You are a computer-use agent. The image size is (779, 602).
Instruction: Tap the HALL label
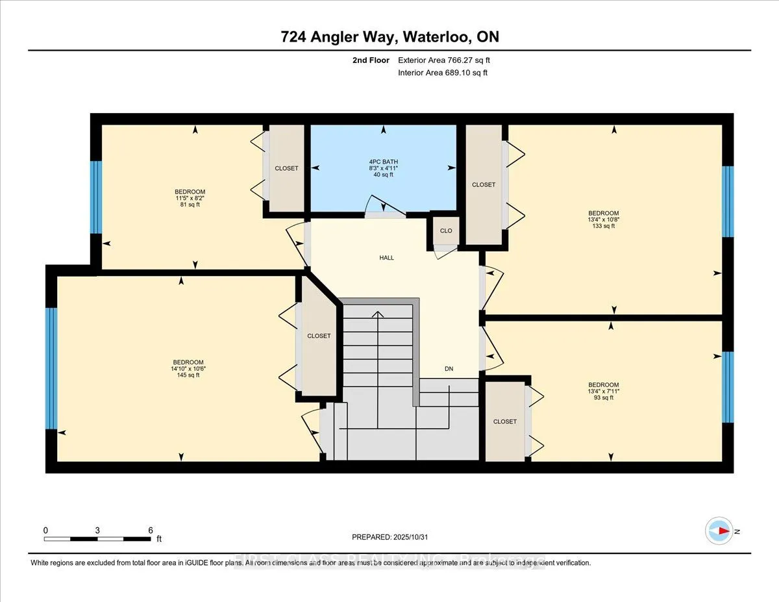pos(387,258)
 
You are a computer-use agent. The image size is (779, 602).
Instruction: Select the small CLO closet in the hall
pos(446,231)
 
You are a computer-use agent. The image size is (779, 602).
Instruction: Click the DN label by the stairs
pos(449,369)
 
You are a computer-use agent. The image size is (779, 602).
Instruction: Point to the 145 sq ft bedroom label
pos(189,368)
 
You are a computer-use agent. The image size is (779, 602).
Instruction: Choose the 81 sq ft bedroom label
pos(190,197)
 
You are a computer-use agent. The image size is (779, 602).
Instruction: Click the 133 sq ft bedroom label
pos(603,219)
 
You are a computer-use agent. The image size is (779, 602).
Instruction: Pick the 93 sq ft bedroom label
pos(603,391)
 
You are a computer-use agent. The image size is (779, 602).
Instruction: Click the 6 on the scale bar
pos(150,530)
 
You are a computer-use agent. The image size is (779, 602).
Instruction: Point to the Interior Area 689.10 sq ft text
pos(442,73)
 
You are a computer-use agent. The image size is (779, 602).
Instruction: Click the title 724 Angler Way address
pos(389,37)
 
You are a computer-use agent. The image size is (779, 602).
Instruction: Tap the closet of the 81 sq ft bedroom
pos(286,168)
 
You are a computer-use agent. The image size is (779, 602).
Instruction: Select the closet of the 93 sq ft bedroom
pos(504,421)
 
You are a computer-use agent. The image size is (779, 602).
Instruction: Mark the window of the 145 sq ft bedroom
pos(51,368)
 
